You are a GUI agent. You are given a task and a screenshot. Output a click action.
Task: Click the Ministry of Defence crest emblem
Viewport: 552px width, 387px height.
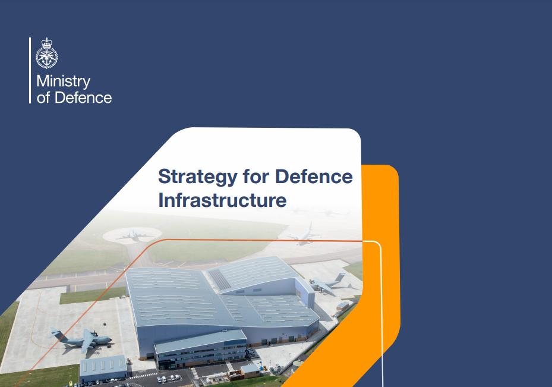[46, 53]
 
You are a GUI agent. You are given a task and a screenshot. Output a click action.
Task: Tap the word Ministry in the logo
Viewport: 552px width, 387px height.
[64, 81]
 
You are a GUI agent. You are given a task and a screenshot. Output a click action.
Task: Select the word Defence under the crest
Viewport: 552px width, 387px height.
[83, 97]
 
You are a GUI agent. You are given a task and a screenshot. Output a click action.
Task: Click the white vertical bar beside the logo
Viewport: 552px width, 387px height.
[30, 70]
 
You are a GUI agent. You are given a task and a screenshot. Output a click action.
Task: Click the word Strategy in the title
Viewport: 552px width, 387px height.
[197, 177]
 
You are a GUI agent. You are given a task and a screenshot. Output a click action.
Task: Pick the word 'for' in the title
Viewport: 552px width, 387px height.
[256, 176]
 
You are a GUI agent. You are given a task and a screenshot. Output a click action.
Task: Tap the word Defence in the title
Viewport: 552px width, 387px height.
[314, 176]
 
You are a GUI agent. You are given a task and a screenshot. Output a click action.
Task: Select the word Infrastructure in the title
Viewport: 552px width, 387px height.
[222, 200]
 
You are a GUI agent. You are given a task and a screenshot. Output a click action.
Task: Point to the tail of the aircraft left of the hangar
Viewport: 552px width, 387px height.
[55, 334]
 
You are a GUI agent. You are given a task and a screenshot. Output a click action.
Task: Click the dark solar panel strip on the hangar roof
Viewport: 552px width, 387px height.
[220, 279]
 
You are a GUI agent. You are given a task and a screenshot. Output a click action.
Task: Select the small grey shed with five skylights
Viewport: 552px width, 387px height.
[103, 368]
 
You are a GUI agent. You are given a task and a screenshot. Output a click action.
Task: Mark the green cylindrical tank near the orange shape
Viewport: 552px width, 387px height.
[298, 366]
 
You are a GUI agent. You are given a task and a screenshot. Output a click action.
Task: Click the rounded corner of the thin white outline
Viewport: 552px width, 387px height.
[378, 244]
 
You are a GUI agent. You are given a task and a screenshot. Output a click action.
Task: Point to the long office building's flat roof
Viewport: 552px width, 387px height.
[201, 341]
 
